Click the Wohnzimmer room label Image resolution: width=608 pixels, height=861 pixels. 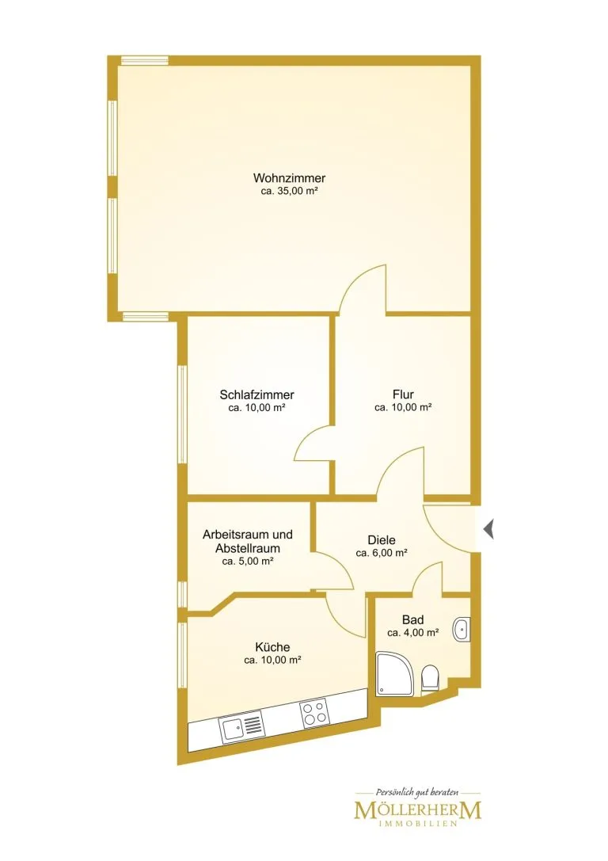coord(289,178)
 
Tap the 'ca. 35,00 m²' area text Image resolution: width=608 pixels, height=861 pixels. coord(290,192)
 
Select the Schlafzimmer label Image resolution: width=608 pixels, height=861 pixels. coord(256,394)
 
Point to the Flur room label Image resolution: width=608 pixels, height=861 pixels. coord(403,394)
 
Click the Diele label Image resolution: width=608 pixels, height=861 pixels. coord(382,539)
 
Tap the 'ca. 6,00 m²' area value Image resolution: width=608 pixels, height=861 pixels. coord(382,553)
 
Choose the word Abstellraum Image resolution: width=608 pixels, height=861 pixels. coord(248,548)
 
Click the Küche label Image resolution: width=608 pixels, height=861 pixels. coord(272,647)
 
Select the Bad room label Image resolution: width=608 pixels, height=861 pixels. coord(412,620)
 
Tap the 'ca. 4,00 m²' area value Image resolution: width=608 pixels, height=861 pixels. coord(412,633)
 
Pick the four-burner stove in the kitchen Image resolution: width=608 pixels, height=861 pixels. coord(314,714)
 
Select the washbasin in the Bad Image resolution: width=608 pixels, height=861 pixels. coord(462,629)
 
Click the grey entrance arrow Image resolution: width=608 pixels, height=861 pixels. coord(488,529)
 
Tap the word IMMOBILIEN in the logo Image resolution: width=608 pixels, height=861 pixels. coord(417,824)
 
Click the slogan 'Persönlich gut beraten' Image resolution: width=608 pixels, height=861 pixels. coord(417,792)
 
